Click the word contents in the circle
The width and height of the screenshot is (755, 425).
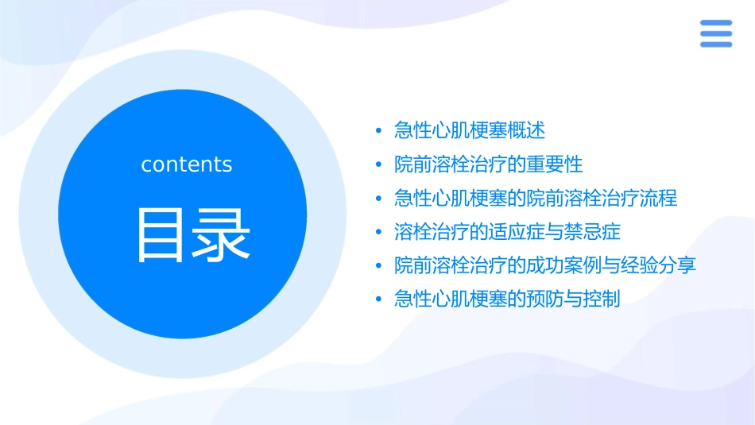[187, 164]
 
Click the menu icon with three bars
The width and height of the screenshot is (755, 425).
[716, 33]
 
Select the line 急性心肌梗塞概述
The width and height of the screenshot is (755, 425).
[469, 130]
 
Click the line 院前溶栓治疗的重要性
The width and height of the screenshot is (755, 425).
[488, 164]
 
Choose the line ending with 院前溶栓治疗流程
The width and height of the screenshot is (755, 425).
[535, 198]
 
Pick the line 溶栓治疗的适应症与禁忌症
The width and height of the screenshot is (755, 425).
[507, 232]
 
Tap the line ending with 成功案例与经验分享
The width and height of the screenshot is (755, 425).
[544, 265]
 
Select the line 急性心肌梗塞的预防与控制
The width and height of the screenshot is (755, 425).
[507, 299]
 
